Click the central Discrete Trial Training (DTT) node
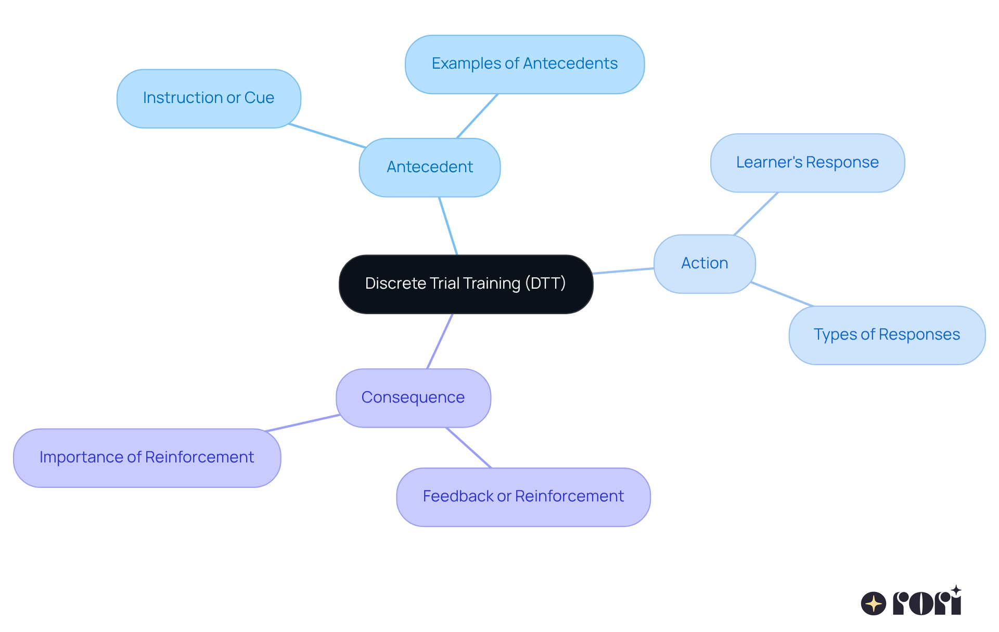click(x=466, y=284)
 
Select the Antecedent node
click(x=429, y=167)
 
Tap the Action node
click(x=704, y=264)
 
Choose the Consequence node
click(x=413, y=398)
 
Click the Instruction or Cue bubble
click(x=208, y=98)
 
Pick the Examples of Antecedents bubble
click(x=524, y=64)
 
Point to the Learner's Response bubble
click(x=807, y=163)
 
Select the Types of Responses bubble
click(x=887, y=335)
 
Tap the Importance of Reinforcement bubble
click(x=147, y=458)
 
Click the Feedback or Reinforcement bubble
click(x=523, y=497)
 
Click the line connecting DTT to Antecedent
click(x=448, y=226)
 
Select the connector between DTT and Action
click(x=623, y=271)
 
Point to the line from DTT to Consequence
click(x=440, y=341)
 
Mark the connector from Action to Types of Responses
click(x=782, y=294)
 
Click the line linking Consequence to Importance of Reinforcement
click(x=303, y=423)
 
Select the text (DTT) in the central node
click(x=545, y=283)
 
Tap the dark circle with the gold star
click(x=873, y=603)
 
